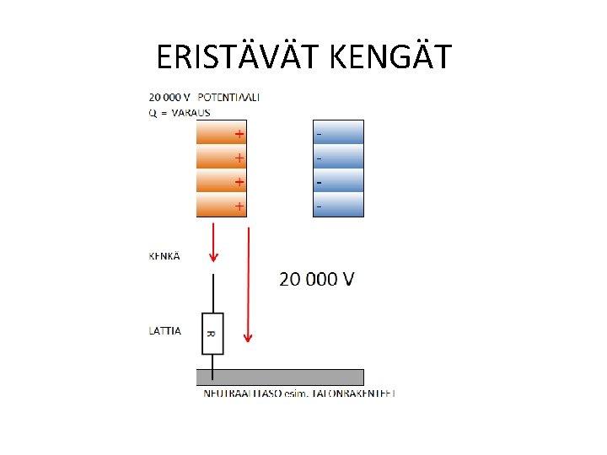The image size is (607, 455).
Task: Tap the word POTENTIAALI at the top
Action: pos(228,97)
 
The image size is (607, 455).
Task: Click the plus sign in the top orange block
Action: pos(239,133)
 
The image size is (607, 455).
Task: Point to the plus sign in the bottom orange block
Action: pos(239,206)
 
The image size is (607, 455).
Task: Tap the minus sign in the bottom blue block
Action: pos(318,206)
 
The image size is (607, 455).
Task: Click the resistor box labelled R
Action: pos(212,334)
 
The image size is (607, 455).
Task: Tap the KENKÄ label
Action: pos(164,256)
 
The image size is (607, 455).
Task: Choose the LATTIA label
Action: pos(164,331)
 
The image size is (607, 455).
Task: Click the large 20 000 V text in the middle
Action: pos(317,279)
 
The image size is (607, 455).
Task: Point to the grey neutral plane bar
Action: pos(280,377)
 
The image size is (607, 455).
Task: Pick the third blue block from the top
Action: pos(338,181)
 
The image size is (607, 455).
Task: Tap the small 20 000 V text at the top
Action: pos(169,97)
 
